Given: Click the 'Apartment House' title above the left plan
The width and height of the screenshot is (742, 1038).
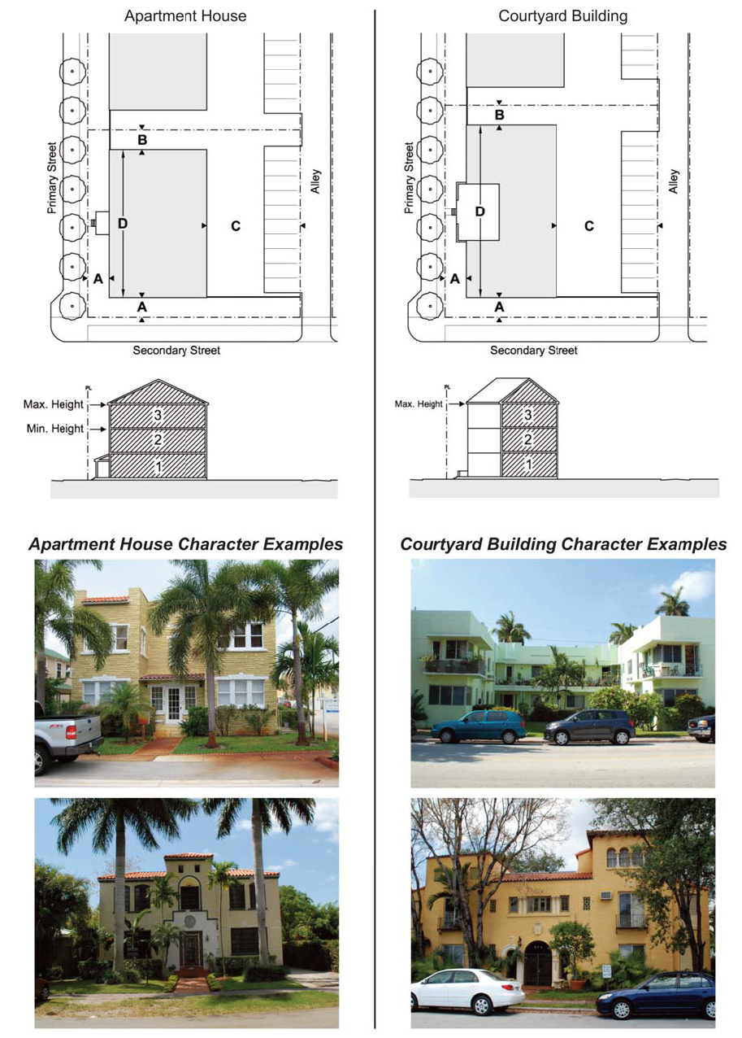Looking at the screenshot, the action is tap(185, 15).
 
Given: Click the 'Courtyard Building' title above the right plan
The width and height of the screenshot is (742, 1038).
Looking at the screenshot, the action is tap(562, 15).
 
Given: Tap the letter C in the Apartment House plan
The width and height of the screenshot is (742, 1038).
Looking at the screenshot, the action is tap(236, 226).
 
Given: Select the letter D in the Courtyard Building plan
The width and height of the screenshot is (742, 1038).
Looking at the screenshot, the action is tap(479, 212).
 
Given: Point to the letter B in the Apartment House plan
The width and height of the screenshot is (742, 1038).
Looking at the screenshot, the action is tap(142, 140).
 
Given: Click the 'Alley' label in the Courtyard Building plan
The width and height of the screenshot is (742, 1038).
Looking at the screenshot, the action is tap(674, 181).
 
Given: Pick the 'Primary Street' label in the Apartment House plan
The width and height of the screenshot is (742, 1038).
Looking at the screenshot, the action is tap(52, 177).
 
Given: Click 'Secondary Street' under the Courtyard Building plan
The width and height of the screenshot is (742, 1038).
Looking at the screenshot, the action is tap(533, 351).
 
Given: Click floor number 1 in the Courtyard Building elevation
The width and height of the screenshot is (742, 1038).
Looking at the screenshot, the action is tap(528, 464).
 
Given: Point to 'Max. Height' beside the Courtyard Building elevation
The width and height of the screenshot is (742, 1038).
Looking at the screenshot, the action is tap(419, 403).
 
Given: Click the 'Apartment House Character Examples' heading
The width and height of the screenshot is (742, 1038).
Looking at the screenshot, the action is tap(185, 544).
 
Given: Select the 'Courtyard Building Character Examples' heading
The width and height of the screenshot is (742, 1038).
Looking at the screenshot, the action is tap(563, 544).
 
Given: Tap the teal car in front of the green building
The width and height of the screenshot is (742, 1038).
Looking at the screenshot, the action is tap(478, 726).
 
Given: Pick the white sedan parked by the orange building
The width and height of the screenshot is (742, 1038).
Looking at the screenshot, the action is tap(463, 992).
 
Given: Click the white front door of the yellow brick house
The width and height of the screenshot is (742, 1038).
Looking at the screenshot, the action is tap(173, 704).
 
